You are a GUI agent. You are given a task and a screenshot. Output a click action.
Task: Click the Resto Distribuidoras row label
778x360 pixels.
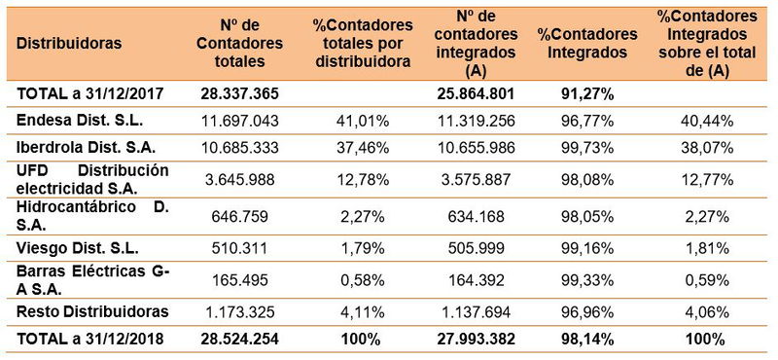(x=93, y=311)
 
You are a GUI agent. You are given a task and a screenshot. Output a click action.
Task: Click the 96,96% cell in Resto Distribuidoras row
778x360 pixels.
(x=587, y=311)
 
